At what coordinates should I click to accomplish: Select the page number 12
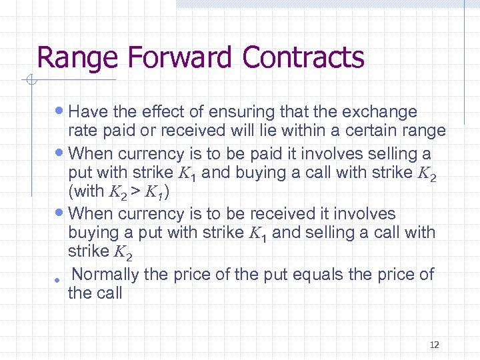click(x=434, y=345)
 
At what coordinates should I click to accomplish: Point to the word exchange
click(x=381, y=112)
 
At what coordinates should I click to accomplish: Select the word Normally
click(x=105, y=274)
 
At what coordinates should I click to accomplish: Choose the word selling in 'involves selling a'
click(x=385, y=154)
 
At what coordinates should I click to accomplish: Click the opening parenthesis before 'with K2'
click(x=71, y=192)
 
